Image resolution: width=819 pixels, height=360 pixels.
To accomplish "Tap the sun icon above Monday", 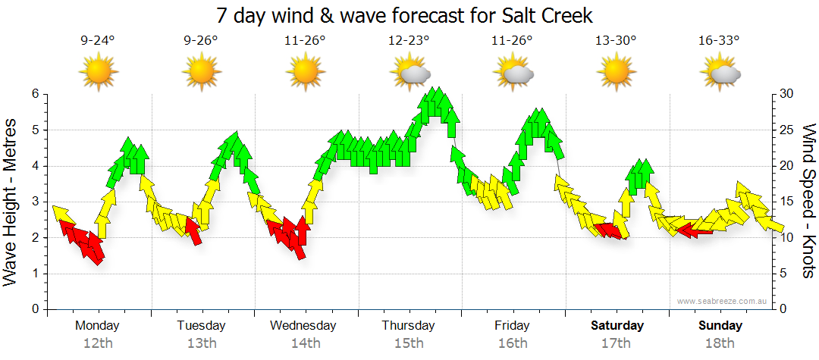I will point(99,72).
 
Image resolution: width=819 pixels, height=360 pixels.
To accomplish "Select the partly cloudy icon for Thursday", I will point(410,72).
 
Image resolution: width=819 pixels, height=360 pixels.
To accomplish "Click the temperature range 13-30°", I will point(615,41).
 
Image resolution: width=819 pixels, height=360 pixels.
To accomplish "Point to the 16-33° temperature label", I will point(719,41).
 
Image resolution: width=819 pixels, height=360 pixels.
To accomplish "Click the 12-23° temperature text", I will point(409,41).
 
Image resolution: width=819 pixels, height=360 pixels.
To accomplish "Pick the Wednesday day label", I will point(303,326).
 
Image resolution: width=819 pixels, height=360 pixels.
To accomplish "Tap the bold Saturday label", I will point(617,326).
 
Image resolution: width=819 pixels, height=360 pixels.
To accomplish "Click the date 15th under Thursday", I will point(409,343).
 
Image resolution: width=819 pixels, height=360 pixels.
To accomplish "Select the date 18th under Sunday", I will point(720,343).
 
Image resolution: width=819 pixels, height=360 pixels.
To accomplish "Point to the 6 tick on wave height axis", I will point(34,94).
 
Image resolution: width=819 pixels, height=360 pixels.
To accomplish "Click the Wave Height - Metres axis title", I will point(12,202).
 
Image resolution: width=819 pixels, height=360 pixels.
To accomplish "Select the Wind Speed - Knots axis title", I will point(808,202).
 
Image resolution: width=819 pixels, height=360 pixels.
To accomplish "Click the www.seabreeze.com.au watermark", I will point(723,302).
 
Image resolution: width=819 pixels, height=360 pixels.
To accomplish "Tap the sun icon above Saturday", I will point(616,72).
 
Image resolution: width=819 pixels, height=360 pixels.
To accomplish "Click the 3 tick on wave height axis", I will point(34,202).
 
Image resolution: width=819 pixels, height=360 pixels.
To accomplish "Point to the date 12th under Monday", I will point(97,343).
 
